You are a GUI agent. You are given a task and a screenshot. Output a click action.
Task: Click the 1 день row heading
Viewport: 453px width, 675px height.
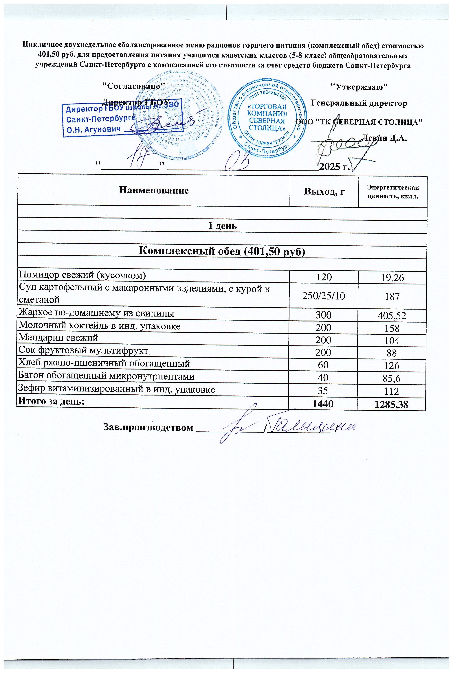pyautogui.click(x=222, y=226)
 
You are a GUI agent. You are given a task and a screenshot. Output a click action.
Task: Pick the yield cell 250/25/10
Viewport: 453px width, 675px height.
pyautogui.click(x=324, y=296)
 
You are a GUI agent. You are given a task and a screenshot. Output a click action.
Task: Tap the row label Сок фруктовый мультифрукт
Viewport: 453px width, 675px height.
pyautogui.click(x=83, y=350)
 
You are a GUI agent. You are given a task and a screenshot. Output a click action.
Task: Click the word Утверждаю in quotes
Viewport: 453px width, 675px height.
pyautogui.click(x=359, y=86)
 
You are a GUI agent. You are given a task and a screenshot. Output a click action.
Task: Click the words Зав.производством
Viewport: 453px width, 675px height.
pyautogui.click(x=148, y=427)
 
